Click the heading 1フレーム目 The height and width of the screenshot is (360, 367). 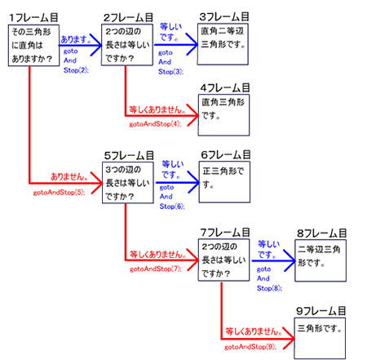tap(33, 18)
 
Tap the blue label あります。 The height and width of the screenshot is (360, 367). tap(76, 39)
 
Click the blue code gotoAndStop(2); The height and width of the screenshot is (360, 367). tap(76, 60)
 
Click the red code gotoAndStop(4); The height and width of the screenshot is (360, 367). tap(155, 124)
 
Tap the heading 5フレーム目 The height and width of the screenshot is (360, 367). tap(129, 156)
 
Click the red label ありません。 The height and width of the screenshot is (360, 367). tap(69, 177)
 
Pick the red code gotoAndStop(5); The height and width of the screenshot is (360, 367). tap(59, 193)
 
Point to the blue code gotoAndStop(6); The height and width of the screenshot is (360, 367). tap(172, 197)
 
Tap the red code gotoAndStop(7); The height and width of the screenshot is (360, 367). tap(156, 269)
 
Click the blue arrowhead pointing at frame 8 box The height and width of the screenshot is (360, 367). tap(290, 260)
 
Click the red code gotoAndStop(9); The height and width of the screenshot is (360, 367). tap(250, 347)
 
